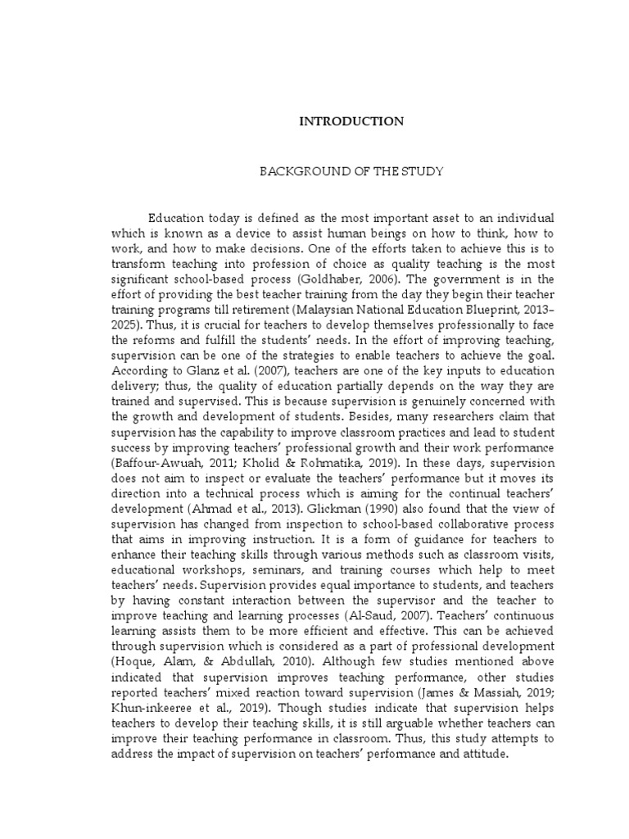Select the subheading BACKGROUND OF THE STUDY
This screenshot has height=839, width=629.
[351, 172]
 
